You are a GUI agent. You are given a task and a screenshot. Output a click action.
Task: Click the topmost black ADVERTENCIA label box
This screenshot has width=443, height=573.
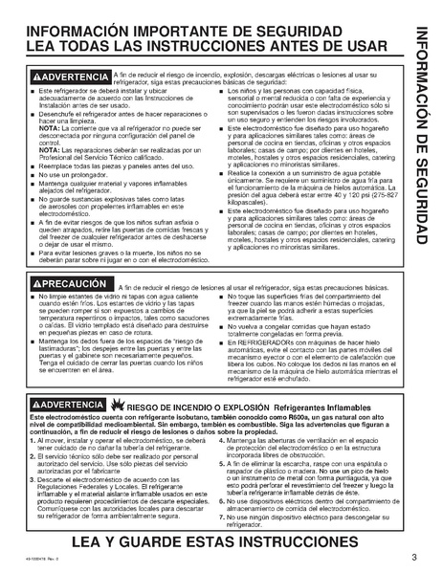(70, 76)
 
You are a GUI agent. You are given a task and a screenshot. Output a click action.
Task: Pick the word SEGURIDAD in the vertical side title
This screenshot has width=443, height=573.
(422, 192)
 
